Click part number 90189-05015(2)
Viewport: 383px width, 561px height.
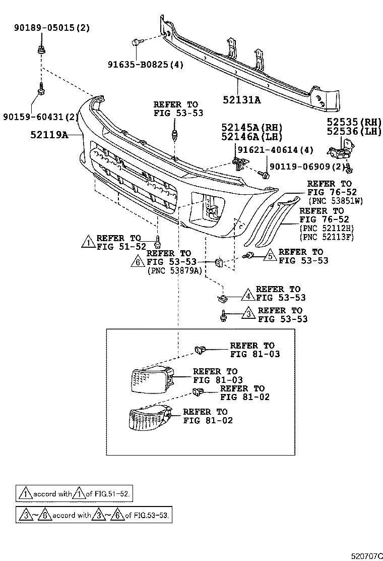point(51,28)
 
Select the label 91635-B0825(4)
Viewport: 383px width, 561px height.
point(146,65)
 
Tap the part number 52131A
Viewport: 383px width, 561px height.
point(241,100)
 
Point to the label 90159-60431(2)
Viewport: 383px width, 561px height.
point(41,117)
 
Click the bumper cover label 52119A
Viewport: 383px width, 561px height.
point(49,135)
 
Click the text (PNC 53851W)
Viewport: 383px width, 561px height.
point(336,201)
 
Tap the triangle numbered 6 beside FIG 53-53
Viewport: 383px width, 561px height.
point(138,262)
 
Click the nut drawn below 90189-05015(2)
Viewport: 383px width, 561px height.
point(40,50)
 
